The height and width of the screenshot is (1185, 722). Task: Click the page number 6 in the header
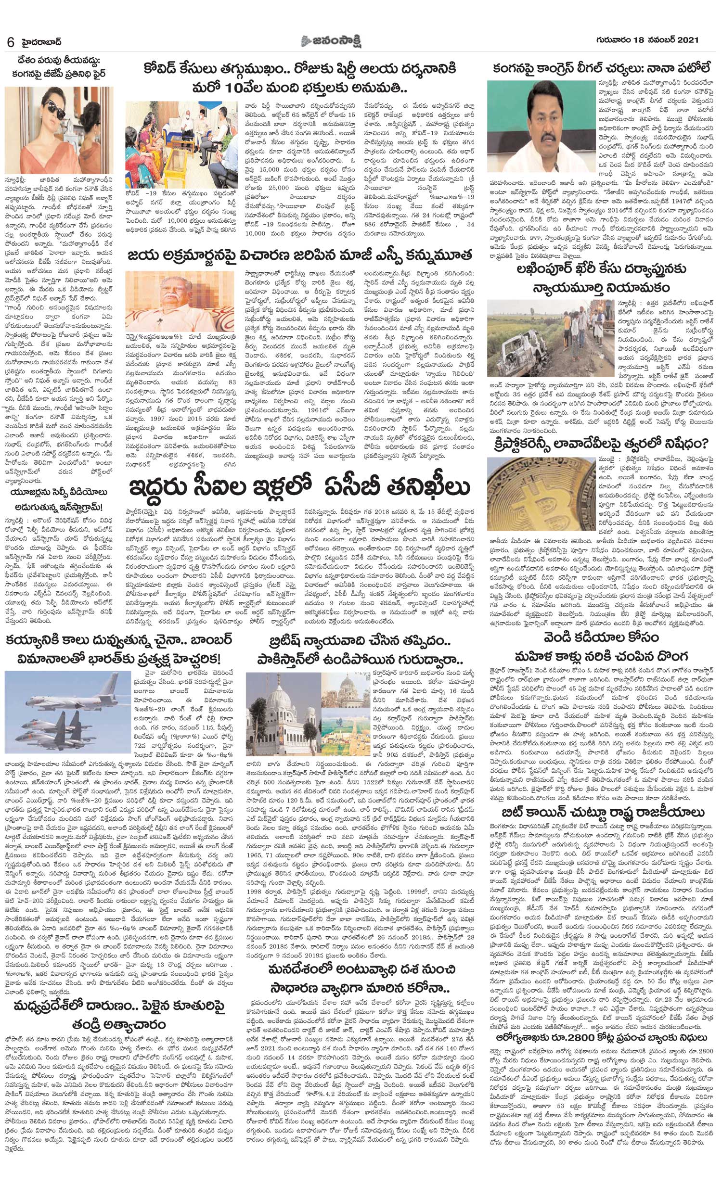pos(10,42)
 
